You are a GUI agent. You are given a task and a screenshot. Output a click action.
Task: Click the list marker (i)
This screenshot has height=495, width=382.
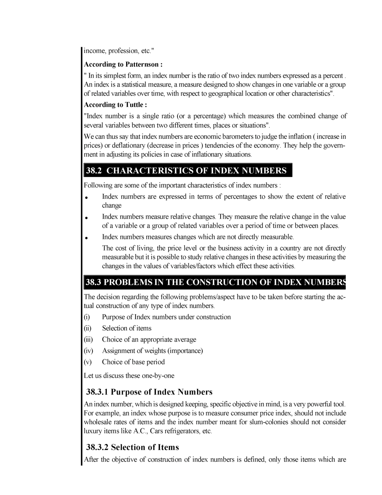coord(87,317)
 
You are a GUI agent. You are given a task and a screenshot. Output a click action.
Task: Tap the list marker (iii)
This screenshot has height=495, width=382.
coord(88,340)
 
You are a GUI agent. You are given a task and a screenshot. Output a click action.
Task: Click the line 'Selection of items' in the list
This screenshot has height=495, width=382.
coord(127,328)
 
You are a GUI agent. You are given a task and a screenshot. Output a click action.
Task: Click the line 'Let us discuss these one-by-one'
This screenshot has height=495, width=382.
coord(129,376)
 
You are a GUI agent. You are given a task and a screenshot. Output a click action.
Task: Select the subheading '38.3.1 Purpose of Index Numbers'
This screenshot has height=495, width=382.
coord(149,392)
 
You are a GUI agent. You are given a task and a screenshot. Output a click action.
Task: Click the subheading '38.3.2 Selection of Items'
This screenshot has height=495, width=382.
coord(132,447)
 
